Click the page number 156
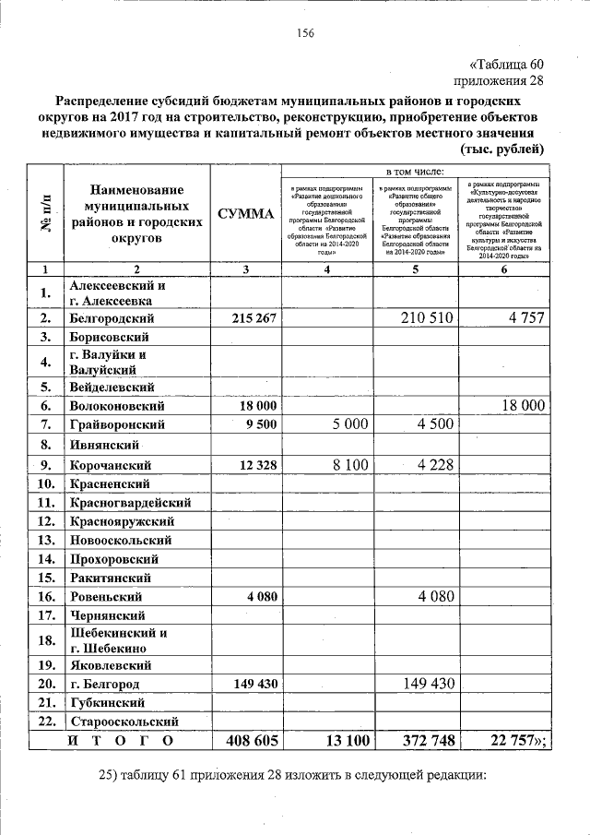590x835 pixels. coord(305,33)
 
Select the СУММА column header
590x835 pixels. coord(245,214)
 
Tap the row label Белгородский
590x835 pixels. coord(111,316)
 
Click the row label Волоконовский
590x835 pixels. coord(117,405)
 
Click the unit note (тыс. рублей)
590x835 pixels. coord(501,149)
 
